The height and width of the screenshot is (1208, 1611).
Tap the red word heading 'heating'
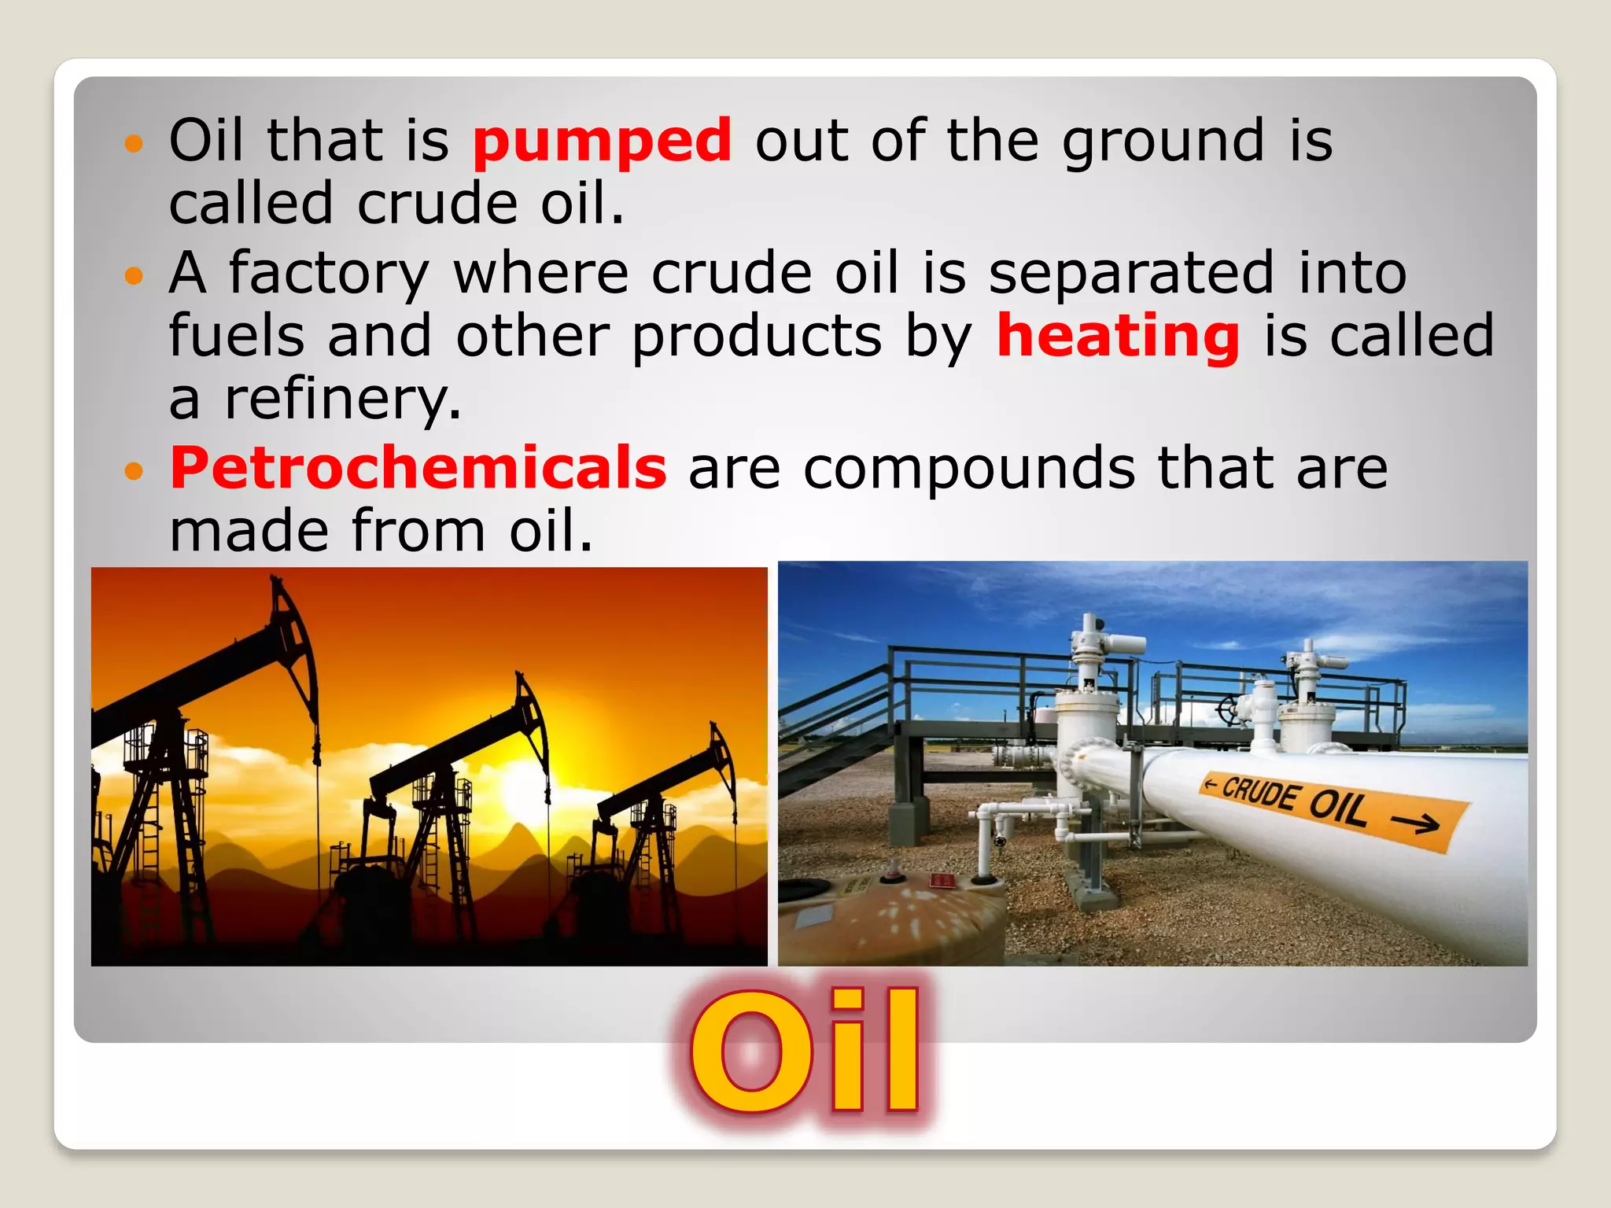1118,337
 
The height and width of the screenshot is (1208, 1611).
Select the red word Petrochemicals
418,468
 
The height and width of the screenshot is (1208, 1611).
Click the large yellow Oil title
805,1051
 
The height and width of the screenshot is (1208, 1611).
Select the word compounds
969,468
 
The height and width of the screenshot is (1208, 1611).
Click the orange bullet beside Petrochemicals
135,471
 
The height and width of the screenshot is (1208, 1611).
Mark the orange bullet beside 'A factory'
135,275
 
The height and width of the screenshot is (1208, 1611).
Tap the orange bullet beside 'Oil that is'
135,143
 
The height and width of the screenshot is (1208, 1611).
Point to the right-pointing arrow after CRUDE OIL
1415,823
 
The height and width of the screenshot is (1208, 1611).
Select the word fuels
237,337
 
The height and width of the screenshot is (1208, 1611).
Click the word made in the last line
249,532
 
